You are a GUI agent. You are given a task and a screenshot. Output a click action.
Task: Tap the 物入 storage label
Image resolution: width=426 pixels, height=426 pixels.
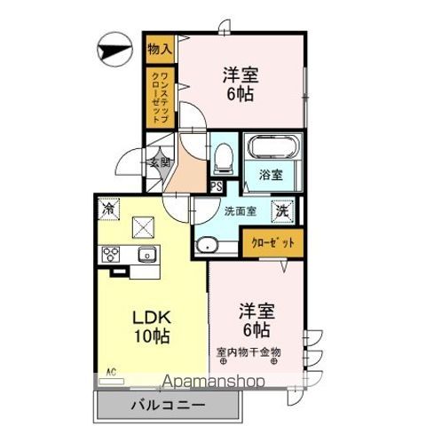click(160, 47)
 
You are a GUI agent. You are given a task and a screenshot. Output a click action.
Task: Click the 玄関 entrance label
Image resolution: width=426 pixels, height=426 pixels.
click(159, 162)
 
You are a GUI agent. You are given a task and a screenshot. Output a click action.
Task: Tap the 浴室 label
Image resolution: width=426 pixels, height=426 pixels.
click(272, 174)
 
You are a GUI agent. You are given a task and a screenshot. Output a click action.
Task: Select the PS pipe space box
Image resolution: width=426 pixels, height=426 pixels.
click(217, 186)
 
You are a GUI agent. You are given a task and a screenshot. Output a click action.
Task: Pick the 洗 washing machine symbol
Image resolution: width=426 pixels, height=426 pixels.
click(280, 211)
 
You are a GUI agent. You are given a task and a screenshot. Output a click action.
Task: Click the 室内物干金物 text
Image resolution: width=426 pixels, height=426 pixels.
click(248, 351)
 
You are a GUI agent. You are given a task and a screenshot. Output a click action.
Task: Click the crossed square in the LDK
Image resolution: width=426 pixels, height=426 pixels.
click(144, 227)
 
